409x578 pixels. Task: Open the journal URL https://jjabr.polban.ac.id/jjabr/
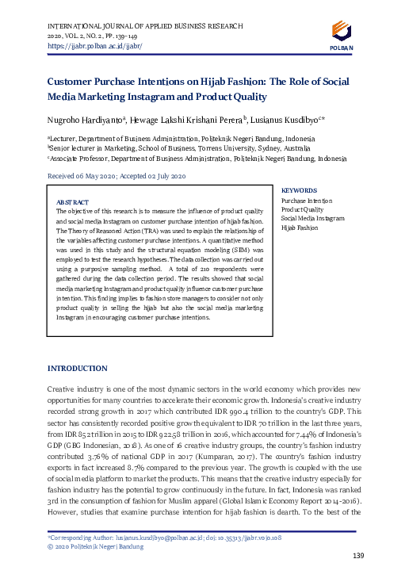82,46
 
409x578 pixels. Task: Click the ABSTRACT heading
72,202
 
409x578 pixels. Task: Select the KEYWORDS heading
300,191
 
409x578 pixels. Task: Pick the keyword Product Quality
302,209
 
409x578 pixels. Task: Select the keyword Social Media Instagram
313,218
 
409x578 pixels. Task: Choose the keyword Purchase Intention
305,201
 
